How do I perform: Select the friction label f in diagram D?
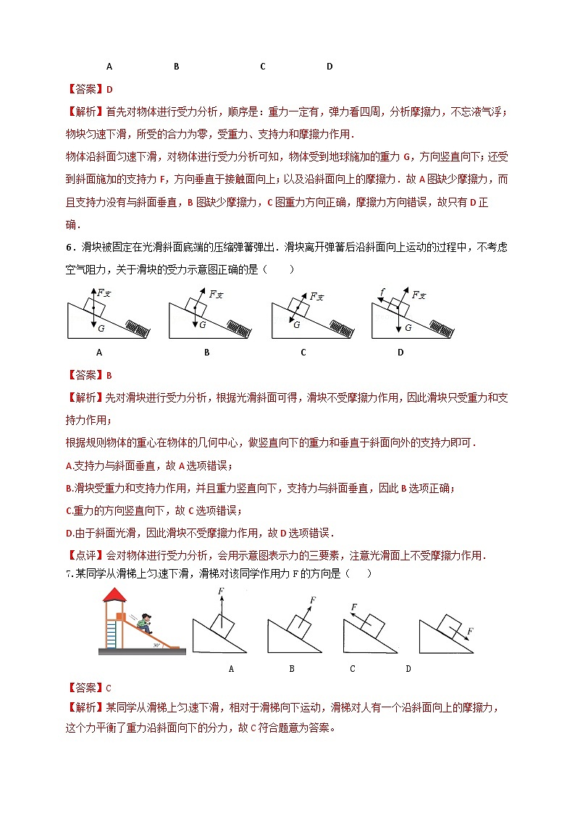[x=382, y=292]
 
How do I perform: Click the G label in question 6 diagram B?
[x=203, y=325]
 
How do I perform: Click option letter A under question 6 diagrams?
[x=98, y=353]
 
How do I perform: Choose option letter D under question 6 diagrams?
[x=400, y=353]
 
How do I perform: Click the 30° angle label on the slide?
[x=156, y=644]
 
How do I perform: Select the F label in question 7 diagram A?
[x=221, y=591]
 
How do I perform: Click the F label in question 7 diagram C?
[x=353, y=607]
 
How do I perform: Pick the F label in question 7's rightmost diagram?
[x=469, y=632]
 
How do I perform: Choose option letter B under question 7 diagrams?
[x=292, y=668]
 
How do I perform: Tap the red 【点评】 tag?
[x=85, y=556]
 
